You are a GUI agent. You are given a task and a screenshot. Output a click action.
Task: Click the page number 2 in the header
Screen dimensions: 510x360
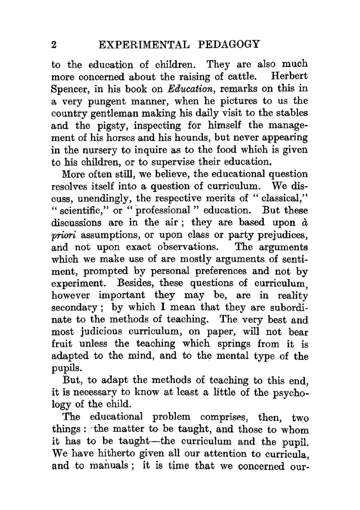click(54, 45)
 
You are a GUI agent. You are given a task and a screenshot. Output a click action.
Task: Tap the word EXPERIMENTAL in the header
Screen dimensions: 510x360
click(143, 45)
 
